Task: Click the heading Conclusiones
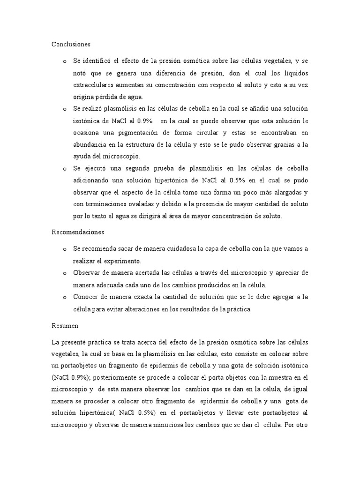[71, 44]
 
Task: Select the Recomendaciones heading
[78, 232]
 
